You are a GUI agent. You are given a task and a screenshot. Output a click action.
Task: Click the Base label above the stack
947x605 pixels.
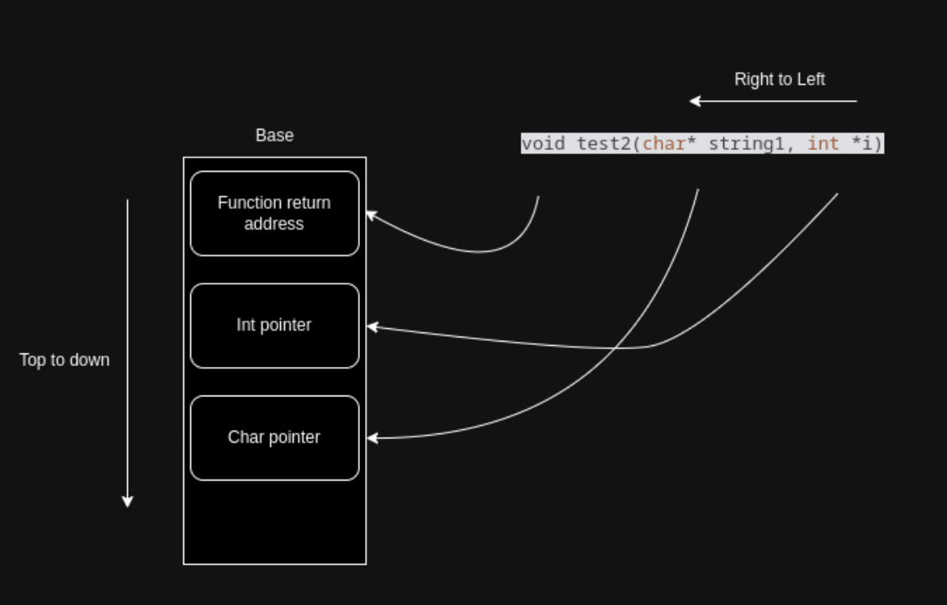click(274, 135)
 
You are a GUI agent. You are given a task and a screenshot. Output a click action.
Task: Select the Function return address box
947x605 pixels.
click(274, 213)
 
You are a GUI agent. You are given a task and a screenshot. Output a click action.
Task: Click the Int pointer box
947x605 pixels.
click(274, 326)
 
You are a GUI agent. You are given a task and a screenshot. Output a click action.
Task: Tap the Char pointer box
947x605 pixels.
click(274, 438)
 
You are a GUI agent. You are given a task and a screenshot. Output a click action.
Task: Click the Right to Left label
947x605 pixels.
click(779, 79)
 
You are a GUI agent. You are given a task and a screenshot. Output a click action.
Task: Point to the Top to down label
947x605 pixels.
click(65, 360)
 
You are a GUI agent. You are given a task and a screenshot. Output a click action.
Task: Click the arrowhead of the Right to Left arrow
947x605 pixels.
click(695, 101)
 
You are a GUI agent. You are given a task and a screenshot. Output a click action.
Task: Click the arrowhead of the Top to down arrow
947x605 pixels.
click(128, 502)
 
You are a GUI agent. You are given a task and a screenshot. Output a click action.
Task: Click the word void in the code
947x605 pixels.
click(542, 144)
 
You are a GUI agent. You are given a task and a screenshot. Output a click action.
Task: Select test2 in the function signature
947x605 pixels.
click(603, 144)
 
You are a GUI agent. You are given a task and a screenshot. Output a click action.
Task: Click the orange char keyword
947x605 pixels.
click(664, 144)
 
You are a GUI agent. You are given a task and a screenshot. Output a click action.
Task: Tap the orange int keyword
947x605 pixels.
click(823, 144)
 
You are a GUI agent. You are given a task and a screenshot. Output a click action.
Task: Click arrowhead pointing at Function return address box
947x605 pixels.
click(371, 215)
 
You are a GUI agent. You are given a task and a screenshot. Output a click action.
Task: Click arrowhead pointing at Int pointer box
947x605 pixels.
click(372, 326)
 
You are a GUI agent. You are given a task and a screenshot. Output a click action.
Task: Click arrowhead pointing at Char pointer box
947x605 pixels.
click(372, 438)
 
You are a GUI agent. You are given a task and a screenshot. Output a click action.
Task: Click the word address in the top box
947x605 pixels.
click(274, 224)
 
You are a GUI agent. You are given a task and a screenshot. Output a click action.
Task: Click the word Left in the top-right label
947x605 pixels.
click(811, 79)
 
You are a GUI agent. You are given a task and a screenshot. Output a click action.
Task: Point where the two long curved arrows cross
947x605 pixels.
click(617, 347)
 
